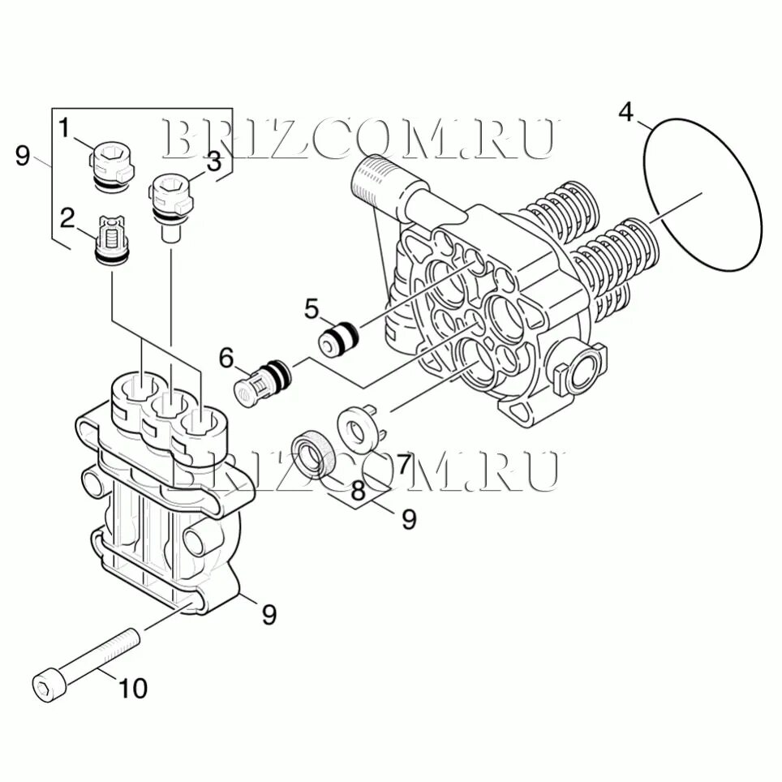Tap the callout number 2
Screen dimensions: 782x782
coord(67,217)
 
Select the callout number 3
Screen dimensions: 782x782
coord(213,161)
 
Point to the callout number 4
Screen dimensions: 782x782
coord(625,112)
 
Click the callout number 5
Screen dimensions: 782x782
coord(313,308)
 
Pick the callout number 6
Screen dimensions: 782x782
coord(226,357)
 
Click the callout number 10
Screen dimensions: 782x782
coord(133,688)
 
